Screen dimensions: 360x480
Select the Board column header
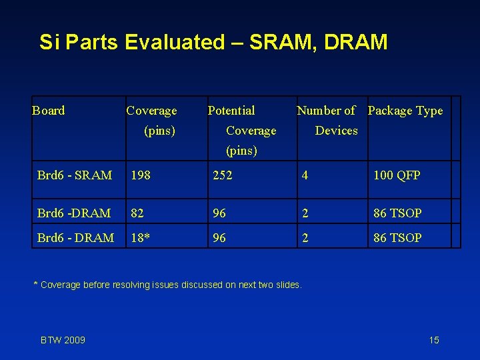tap(49, 111)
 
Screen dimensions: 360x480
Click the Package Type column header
tap(405, 111)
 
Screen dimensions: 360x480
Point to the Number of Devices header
tap(327, 120)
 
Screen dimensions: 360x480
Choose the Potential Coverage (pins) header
tap(241, 130)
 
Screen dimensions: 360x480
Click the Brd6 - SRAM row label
tap(75, 175)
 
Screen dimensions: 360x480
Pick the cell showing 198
tap(141, 175)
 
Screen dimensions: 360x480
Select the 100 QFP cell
tap(397, 175)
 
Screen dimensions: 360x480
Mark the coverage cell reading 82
tap(137, 213)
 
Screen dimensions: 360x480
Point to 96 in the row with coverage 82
tap(219, 213)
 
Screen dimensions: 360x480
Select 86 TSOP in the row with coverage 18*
tap(397, 237)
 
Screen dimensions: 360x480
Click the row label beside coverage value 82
tap(74, 213)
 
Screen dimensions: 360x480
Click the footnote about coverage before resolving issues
tap(167, 285)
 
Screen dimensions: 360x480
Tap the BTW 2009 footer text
tap(63, 340)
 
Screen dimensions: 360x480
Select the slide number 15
tap(434, 340)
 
